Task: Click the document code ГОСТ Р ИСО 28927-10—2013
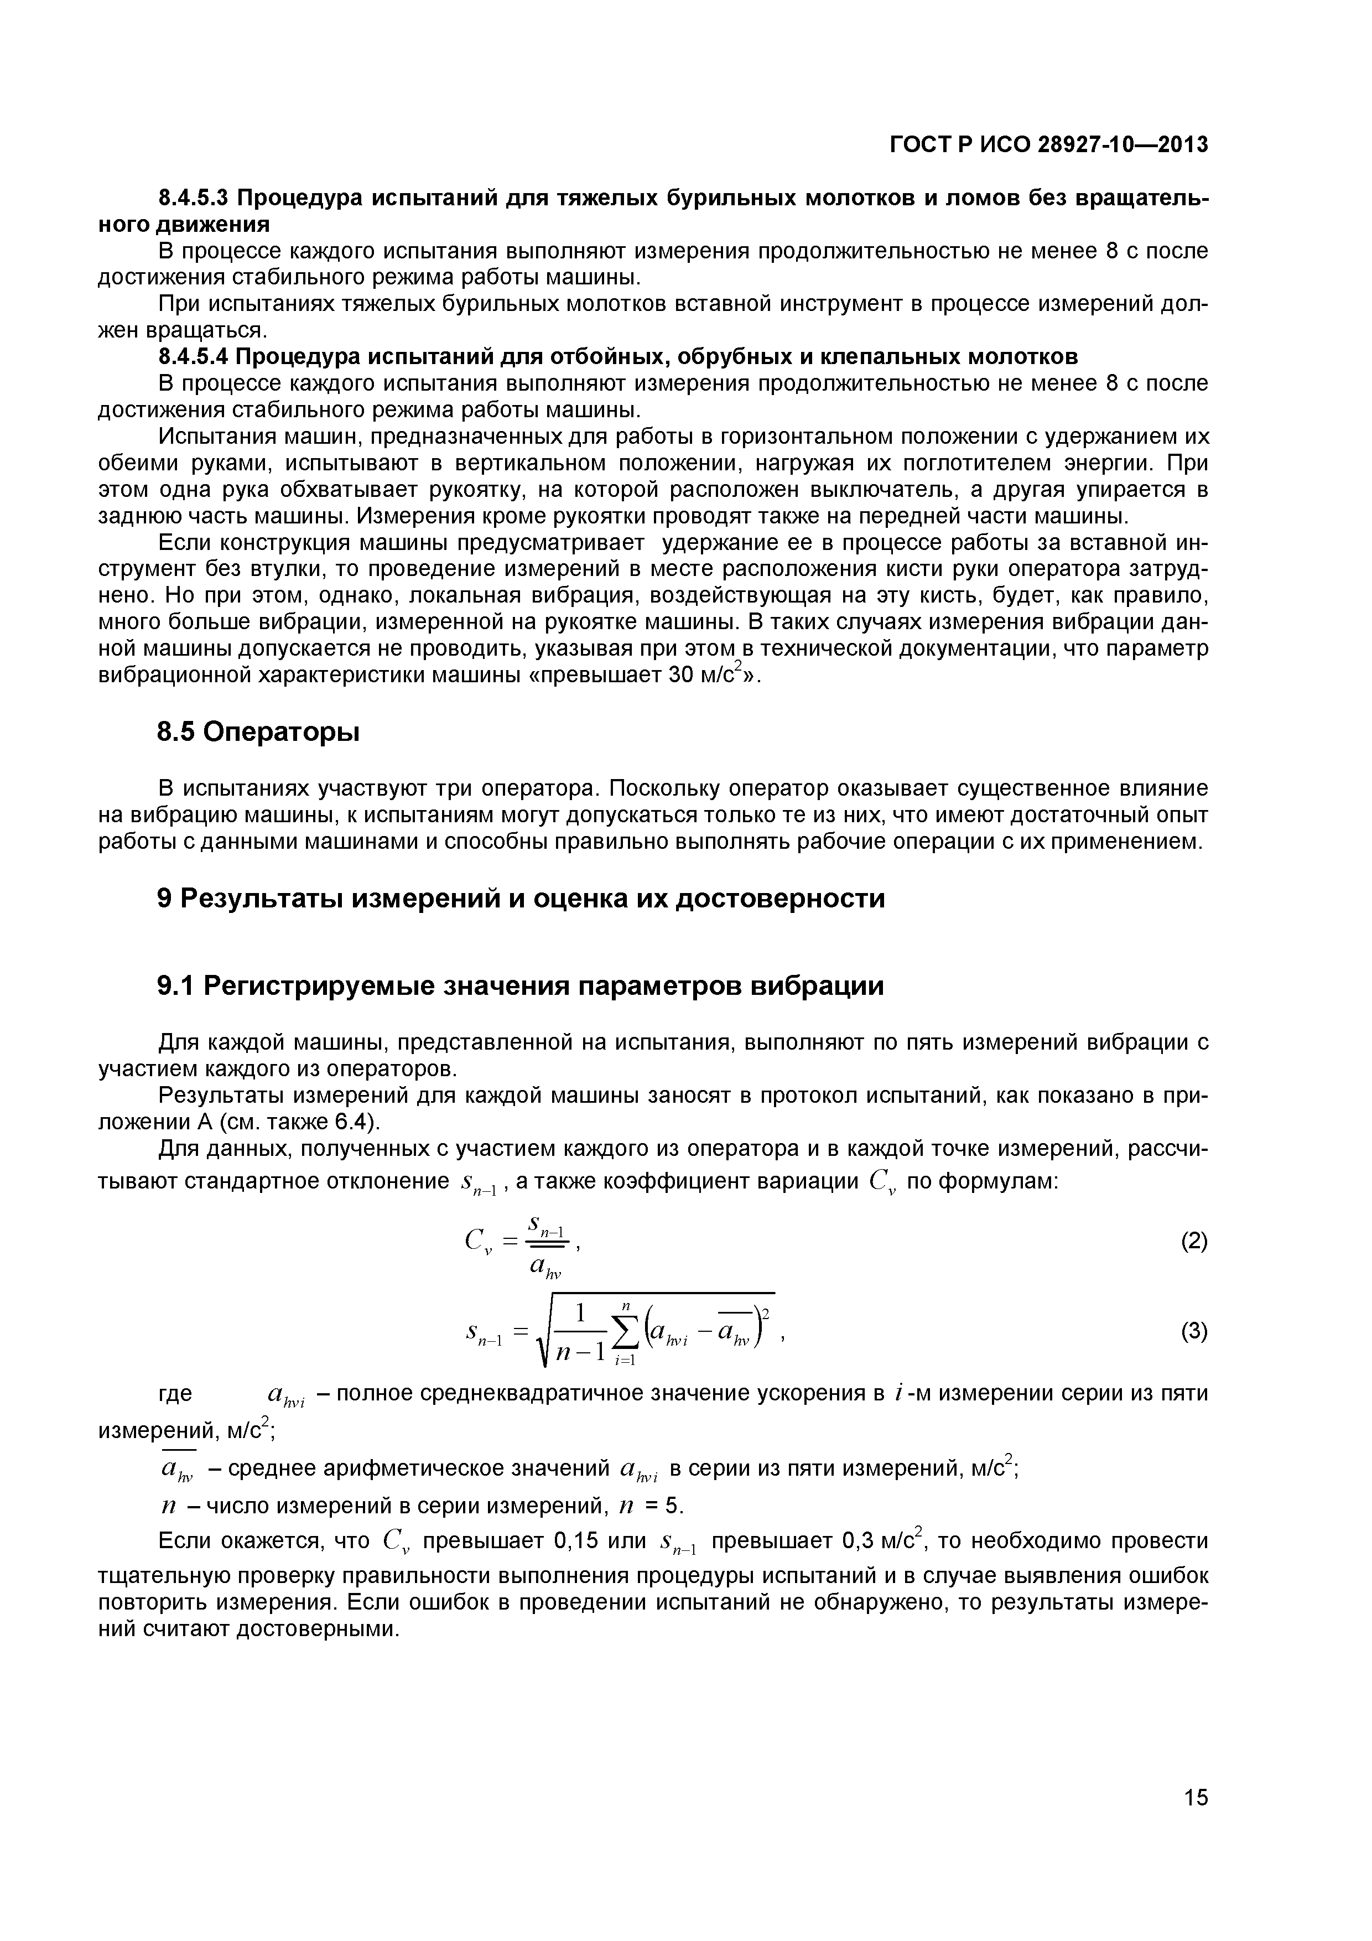point(1049,146)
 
